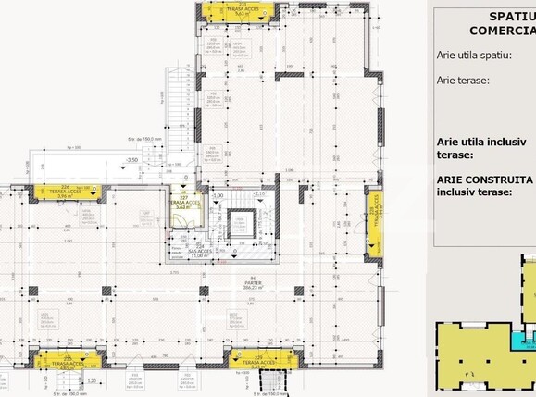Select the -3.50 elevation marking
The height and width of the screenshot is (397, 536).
pos(131,160)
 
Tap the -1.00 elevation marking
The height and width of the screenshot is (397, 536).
pos(218,195)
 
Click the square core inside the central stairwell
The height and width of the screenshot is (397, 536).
pos(238,224)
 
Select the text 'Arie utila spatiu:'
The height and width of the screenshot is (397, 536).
pos(474,55)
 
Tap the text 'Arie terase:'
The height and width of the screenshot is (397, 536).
pos(463,81)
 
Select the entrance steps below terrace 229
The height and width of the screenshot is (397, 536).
pos(274,380)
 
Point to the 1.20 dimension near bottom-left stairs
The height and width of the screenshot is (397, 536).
pos(91,380)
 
